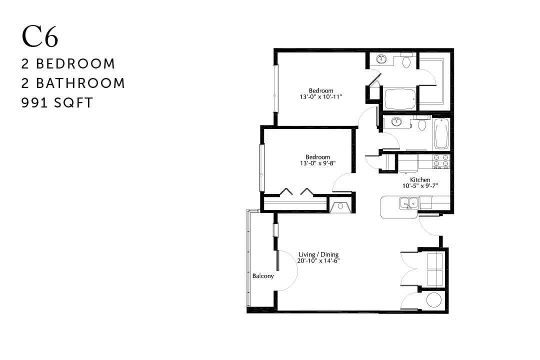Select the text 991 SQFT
[57, 103]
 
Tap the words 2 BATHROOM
[73, 83]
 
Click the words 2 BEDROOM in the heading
[68, 64]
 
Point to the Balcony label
[263, 276]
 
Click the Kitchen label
[420, 180]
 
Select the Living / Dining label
[318, 254]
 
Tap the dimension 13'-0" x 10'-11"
[320, 96]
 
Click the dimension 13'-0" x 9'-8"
[318, 163]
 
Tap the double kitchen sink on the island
[408, 202]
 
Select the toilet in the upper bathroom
[406, 61]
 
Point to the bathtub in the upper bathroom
[399, 98]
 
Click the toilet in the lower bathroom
[421, 122]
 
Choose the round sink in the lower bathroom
[396, 121]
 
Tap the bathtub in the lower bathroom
[440, 134]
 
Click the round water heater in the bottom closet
[433, 300]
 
